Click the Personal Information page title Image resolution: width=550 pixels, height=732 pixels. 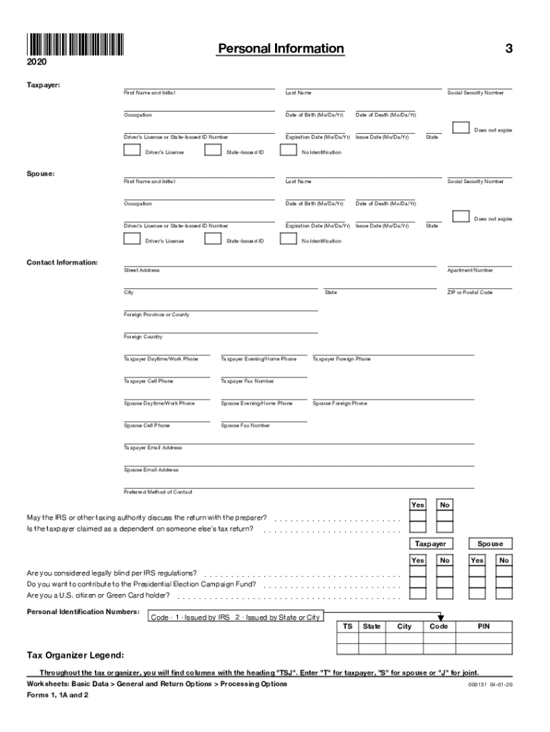[281, 49]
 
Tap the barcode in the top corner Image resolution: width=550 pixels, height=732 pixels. [75, 45]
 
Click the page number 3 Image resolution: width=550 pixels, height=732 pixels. [509, 49]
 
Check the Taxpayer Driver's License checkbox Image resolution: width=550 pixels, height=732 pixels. [131, 150]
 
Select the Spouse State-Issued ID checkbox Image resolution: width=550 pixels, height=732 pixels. [212, 239]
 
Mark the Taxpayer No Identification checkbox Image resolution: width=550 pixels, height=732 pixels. [289, 150]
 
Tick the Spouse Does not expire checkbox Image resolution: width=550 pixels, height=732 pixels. [461, 217]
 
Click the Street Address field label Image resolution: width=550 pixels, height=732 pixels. [141, 270]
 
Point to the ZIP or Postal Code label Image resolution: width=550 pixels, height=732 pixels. [469, 292]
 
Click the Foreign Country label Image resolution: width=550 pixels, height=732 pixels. [143, 337]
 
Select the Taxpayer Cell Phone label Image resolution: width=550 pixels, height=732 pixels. [148, 381]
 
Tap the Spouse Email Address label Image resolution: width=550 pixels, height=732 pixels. [151, 470]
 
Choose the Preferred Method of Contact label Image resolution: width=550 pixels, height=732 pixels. [158, 492]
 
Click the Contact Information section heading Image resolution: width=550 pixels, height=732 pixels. [62, 262]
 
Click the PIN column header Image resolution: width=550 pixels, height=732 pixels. [484, 626]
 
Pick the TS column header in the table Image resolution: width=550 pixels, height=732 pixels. [347, 626]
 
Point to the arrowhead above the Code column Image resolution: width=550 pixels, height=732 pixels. [441, 618]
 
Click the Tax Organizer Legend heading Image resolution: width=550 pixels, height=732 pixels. [75, 655]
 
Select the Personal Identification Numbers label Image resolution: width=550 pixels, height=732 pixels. [83, 612]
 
